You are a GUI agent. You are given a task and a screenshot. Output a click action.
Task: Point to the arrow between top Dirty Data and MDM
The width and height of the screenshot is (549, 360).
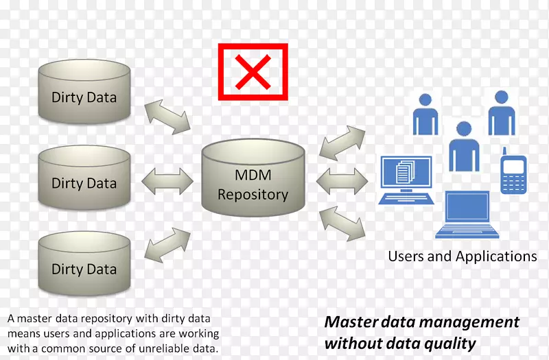[167, 115]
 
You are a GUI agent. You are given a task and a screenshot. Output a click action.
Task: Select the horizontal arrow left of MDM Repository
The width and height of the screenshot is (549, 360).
[167, 182]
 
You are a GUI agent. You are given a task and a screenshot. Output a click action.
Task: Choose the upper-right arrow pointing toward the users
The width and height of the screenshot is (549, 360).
[343, 143]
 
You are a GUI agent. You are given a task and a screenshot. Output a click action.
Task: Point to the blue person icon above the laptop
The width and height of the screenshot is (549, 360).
[464, 145]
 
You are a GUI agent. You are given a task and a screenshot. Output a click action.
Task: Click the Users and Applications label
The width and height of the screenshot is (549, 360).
[463, 256]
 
